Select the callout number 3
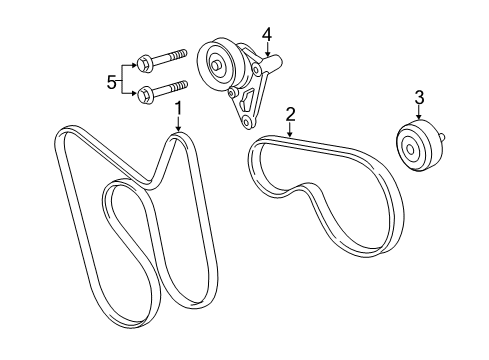420,96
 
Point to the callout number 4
267,34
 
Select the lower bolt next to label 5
164,93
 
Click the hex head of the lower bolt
146,96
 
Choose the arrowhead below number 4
267,60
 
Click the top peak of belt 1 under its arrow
177,138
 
